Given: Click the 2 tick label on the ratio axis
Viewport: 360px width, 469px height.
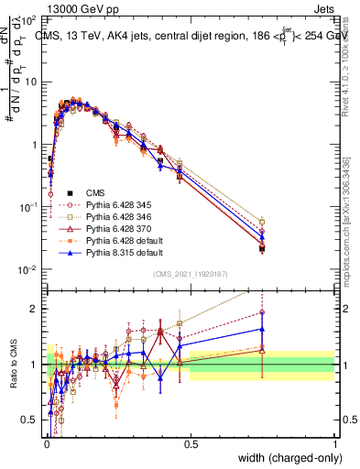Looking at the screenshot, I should pyautogui.click(x=34, y=309).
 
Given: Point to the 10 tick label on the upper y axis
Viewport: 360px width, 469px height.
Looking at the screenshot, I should pyautogui.click(x=29, y=82).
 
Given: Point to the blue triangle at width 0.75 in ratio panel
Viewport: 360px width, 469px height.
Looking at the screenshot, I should pyautogui.click(x=262, y=329).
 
